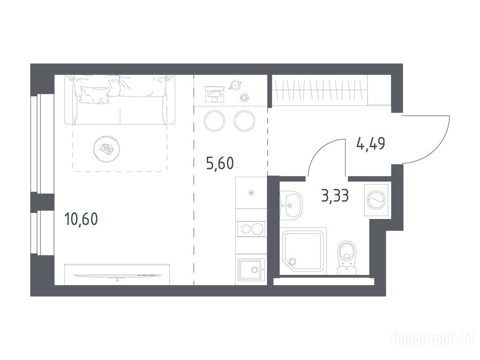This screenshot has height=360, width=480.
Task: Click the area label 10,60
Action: [81, 219]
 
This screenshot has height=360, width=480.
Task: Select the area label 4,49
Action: [371, 143]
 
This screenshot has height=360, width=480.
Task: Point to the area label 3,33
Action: [335, 195]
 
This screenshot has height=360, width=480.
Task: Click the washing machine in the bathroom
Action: [376, 200]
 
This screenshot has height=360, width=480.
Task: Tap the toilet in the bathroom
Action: [347, 258]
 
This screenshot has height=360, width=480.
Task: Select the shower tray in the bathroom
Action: [303, 251]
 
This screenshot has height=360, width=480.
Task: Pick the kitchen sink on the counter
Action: [251, 269]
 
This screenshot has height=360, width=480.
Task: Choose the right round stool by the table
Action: [244, 120]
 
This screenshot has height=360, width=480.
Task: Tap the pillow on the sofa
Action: [95, 95]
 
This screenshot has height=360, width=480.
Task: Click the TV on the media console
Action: [118, 276]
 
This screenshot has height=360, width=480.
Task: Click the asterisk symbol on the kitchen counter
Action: [251, 193]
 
